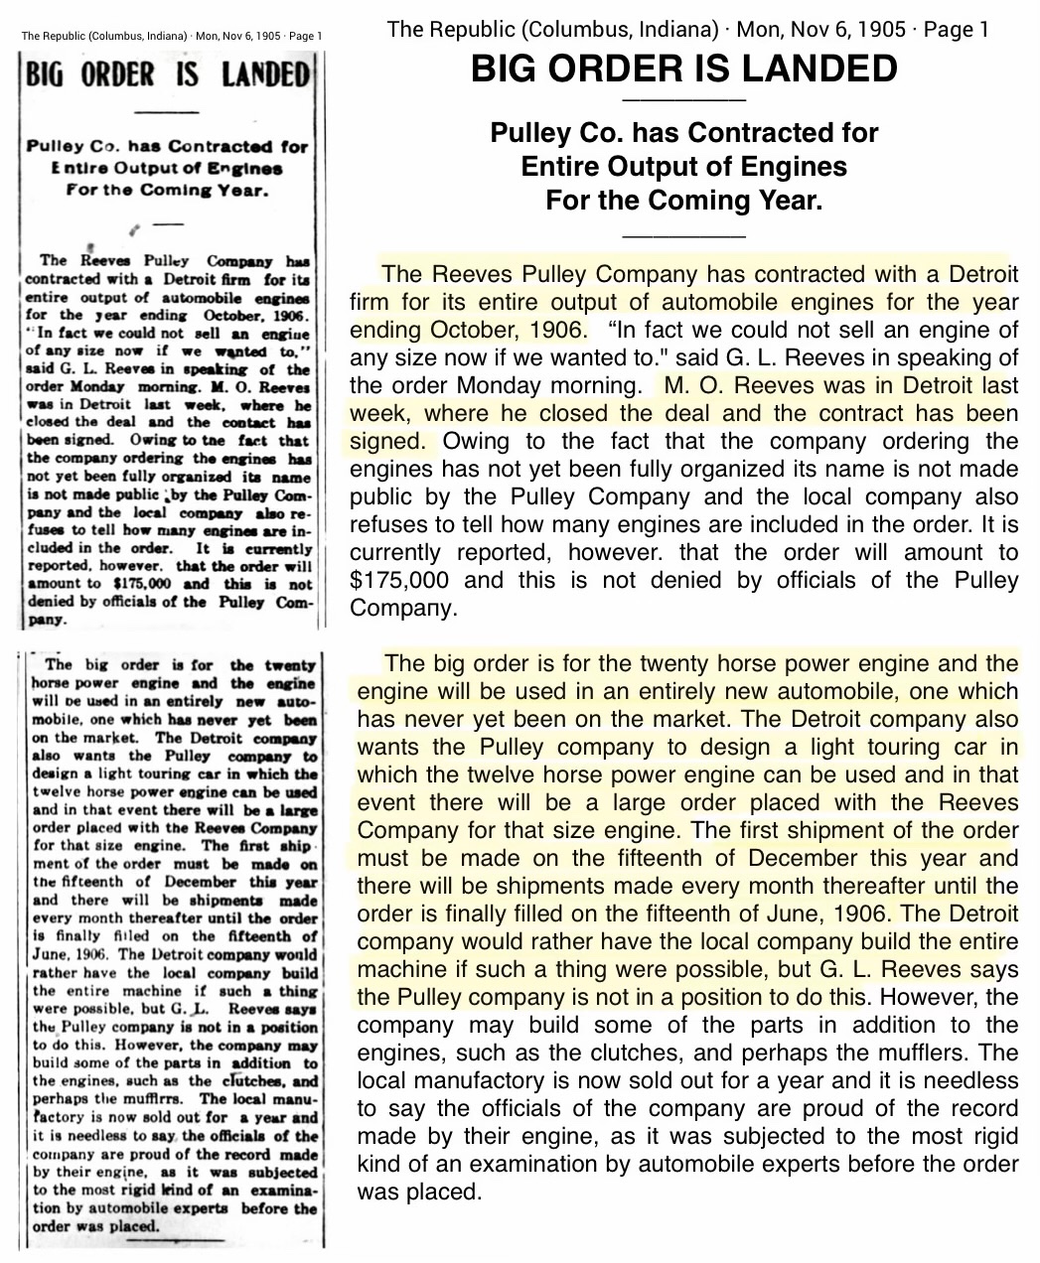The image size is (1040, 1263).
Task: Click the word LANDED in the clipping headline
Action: coord(265,74)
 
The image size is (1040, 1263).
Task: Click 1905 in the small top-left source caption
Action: coord(268,37)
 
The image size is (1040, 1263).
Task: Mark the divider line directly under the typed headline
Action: coord(683,101)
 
